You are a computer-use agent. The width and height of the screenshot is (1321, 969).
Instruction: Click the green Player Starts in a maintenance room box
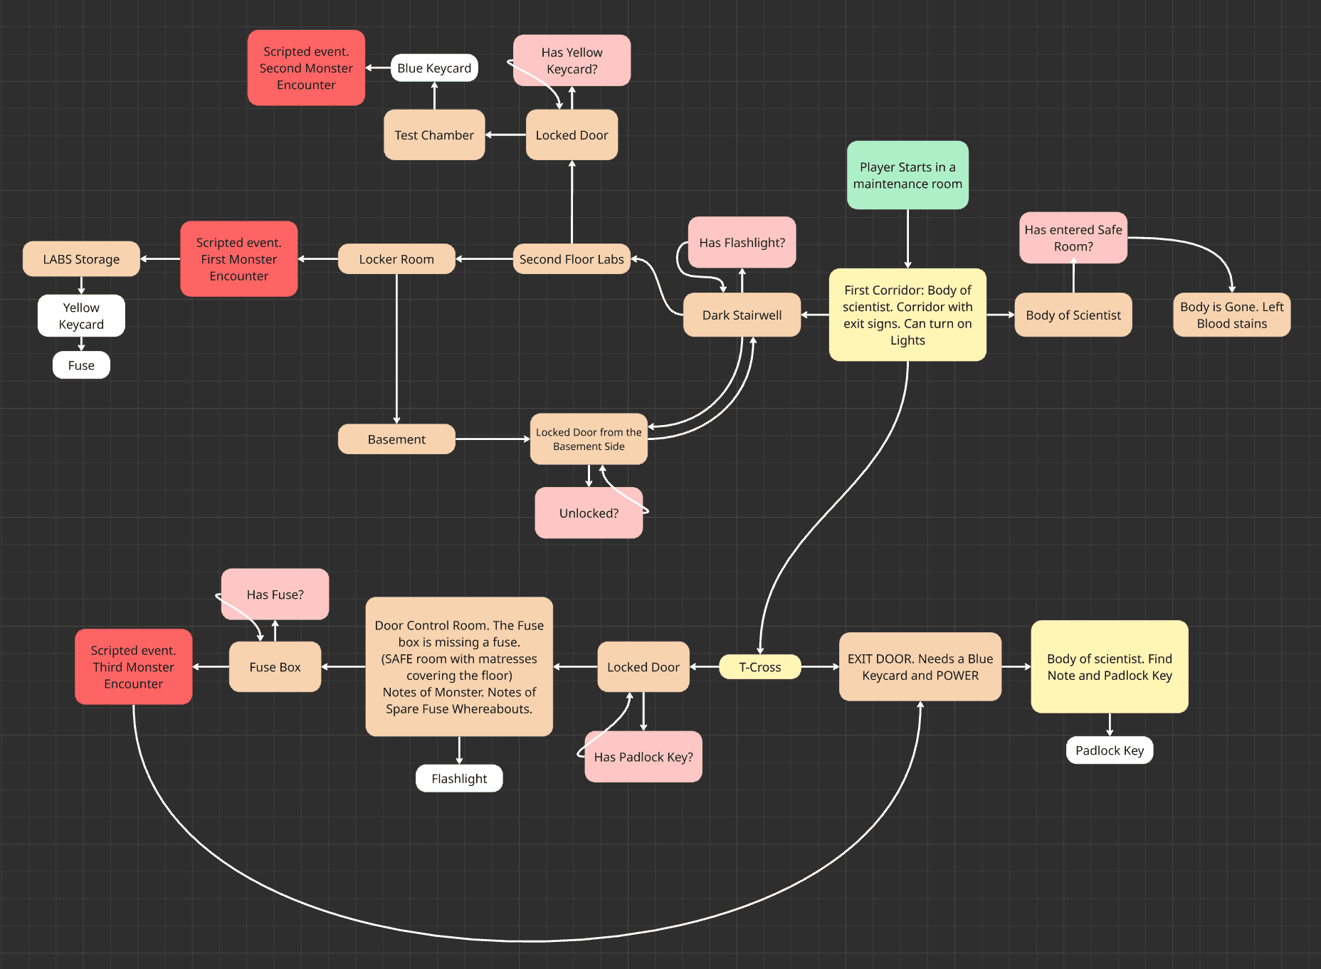(907, 175)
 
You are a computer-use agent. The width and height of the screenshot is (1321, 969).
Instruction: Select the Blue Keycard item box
(434, 68)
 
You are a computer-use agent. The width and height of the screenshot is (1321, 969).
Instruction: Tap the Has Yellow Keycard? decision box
(572, 61)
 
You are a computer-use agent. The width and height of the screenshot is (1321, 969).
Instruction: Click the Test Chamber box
(434, 135)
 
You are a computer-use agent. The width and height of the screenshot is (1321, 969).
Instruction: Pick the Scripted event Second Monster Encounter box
(306, 68)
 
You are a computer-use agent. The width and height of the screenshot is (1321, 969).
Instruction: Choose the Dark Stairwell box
(742, 315)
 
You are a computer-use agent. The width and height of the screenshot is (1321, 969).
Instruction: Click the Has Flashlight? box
(742, 243)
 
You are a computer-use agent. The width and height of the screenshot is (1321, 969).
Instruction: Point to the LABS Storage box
(81, 259)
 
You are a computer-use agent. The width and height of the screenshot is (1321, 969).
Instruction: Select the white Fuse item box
(81, 365)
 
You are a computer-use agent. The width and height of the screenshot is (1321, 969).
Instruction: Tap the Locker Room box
(396, 259)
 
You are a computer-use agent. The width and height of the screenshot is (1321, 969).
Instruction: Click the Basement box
(396, 439)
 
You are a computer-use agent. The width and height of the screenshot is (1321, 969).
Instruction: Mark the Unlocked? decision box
(589, 513)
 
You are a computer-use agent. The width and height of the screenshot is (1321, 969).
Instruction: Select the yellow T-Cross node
(759, 667)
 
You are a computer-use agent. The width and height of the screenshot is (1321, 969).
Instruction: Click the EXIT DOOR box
(920, 667)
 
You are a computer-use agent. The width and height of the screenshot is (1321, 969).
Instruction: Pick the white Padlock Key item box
(1109, 750)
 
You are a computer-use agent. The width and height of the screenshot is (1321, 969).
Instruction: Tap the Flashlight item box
(459, 779)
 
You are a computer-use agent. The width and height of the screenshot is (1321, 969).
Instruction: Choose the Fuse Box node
(275, 667)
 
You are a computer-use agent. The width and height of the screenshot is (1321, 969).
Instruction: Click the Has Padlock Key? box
(643, 757)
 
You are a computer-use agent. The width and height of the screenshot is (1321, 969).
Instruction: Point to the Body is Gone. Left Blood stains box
(1231, 315)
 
